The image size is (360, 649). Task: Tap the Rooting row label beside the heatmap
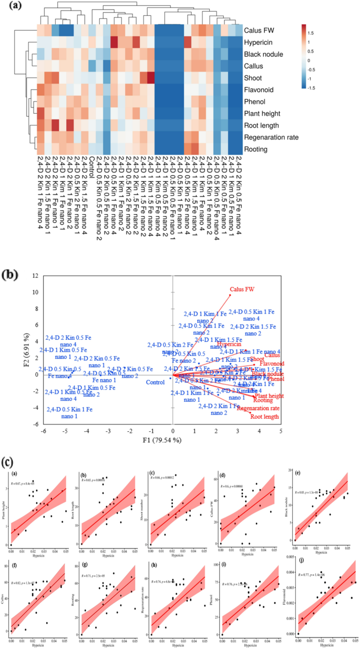(x=255, y=149)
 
